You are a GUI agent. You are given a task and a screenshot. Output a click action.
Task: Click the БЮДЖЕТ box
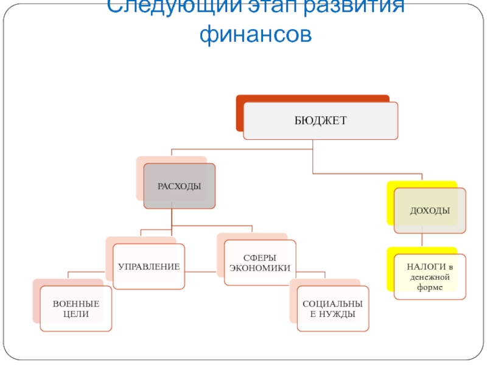click(x=320, y=121)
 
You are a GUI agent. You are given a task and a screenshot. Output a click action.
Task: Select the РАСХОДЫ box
click(x=179, y=186)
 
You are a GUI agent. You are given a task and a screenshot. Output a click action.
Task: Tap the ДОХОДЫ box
click(x=430, y=210)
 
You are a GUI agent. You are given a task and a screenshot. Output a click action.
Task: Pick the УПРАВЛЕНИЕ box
click(x=149, y=266)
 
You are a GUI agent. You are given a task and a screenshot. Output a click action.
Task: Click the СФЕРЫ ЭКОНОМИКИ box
click(x=260, y=263)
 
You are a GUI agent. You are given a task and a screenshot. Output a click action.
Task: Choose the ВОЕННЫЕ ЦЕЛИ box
click(x=75, y=309)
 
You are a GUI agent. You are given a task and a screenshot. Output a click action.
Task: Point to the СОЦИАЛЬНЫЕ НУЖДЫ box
click(x=332, y=309)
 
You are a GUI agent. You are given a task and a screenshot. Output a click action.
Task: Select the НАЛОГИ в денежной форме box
click(x=430, y=277)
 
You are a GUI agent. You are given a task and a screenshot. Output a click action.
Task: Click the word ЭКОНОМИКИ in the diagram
click(x=260, y=268)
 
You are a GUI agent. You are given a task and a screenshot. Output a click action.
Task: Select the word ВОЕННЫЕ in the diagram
click(x=75, y=304)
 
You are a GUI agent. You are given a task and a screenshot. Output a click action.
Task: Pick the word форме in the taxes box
click(x=430, y=287)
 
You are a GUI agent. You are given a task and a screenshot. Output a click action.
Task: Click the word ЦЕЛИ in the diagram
click(x=75, y=315)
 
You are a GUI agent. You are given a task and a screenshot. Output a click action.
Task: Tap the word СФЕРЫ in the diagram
click(x=260, y=257)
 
